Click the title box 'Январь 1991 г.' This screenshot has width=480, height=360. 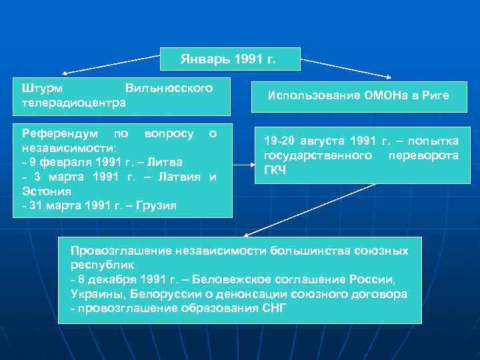tap(230, 59)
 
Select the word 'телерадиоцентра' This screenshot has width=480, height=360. tap(73, 103)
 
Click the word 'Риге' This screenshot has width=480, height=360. tap(435, 96)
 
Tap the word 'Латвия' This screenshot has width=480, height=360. tap(181, 177)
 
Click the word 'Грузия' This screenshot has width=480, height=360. tap(155, 205)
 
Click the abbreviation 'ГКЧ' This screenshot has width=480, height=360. tap(275, 170)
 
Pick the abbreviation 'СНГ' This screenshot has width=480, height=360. tap(273, 308)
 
